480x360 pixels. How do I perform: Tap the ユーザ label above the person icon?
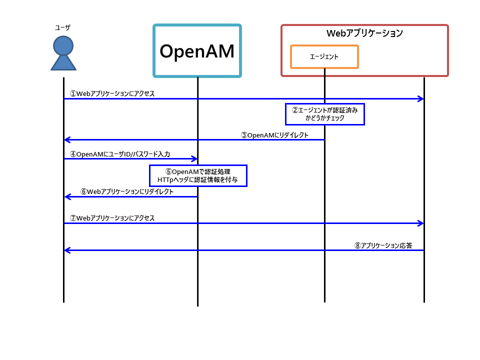pyautogui.click(x=63, y=27)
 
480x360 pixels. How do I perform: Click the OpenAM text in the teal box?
pyautogui.click(x=197, y=51)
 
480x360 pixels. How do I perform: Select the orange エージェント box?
pyautogui.click(x=324, y=56)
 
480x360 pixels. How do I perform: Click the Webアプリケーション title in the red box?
pyautogui.click(x=364, y=33)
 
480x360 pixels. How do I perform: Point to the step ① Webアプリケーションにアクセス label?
pyautogui.click(x=112, y=93)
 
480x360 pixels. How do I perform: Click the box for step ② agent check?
pyautogui.click(x=325, y=114)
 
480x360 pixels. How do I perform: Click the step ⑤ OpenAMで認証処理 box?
pyautogui.click(x=197, y=175)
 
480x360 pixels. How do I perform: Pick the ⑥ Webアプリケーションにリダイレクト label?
pyautogui.click(x=127, y=191)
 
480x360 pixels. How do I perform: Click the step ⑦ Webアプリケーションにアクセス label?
pyautogui.click(x=112, y=218)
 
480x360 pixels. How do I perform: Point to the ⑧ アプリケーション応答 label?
pyautogui.click(x=383, y=245)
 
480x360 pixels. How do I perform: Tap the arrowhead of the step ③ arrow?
pyautogui.click(x=67, y=140)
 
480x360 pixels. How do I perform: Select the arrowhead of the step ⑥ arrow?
pyautogui.click(x=67, y=197)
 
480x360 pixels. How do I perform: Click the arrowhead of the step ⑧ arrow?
pyautogui.click(x=67, y=250)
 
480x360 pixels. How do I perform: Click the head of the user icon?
pyautogui.click(x=63, y=45)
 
